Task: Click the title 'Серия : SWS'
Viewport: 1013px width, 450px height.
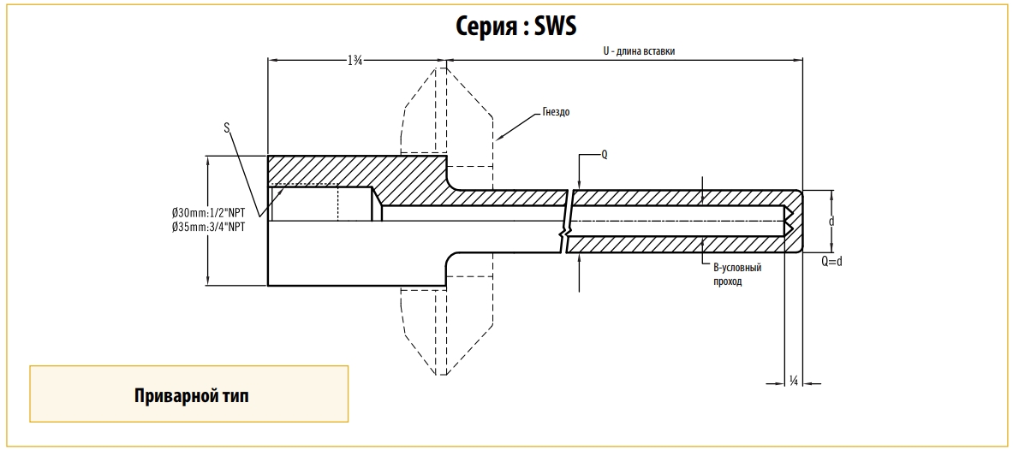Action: coord(515,27)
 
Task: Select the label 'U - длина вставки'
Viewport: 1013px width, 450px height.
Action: coord(638,51)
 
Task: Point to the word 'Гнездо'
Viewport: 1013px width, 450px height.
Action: coord(556,111)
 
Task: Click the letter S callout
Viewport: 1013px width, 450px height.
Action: coord(226,128)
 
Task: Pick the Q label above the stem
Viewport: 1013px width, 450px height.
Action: coord(604,155)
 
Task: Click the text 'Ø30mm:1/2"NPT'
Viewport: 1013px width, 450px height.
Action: coord(209,212)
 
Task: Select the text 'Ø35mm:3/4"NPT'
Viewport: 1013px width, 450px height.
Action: coord(209,228)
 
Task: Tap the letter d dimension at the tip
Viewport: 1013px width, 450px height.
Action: coord(831,221)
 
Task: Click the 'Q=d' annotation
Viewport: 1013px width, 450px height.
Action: coord(831,262)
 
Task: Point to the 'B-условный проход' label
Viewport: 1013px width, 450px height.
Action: coord(737,274)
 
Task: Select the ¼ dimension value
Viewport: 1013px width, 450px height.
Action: coord(794,381)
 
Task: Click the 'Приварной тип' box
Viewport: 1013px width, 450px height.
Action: coord(189,394)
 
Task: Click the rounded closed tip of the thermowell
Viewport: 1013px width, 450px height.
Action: coord(797,222)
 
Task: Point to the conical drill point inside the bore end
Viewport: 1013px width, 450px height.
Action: coord(785,222)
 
